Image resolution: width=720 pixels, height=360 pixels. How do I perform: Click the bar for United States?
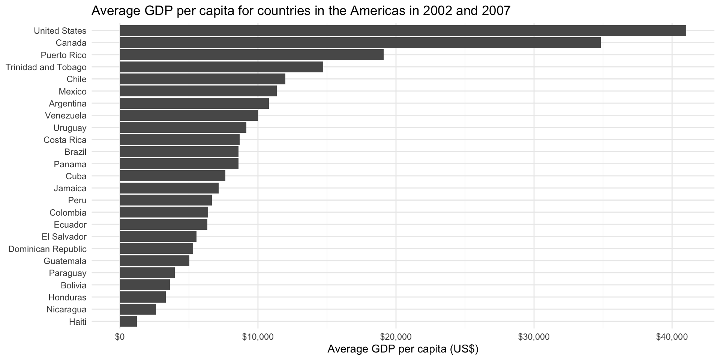pos(403,31)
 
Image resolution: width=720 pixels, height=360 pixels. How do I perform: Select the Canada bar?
pos(360,43)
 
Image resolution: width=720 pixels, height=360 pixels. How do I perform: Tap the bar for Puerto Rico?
pos(252,55)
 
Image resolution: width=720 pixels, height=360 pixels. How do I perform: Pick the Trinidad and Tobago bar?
pos(221,67)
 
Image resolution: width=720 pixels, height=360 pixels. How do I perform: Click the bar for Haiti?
pos(128,321)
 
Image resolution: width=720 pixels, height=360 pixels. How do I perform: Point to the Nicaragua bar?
pos(138,309)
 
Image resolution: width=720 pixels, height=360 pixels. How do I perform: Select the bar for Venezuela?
pos(189,115)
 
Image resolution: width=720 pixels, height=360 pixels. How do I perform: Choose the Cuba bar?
pos(172,176)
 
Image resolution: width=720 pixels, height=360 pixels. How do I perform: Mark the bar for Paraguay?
pos(147,273)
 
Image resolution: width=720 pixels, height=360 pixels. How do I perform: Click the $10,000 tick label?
pos(258,337)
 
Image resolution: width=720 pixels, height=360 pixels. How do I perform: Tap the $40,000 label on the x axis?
pos(672,337)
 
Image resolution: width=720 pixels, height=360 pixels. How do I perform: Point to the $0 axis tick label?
pos(120,337)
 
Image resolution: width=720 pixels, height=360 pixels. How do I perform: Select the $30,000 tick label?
pos(534,337)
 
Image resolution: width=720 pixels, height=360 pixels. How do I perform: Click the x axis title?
pos(403,349)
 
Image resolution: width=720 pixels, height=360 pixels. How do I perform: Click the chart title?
pos(301,10)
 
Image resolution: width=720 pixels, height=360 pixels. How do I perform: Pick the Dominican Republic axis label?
pos(47,249)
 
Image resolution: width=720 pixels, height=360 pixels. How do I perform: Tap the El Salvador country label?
pos(64,237)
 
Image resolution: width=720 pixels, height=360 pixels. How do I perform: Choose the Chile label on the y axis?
pos(76,79)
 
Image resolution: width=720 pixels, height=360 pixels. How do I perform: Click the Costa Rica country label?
pos(65,140)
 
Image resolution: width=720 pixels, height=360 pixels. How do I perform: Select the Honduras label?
pos(67,297)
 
